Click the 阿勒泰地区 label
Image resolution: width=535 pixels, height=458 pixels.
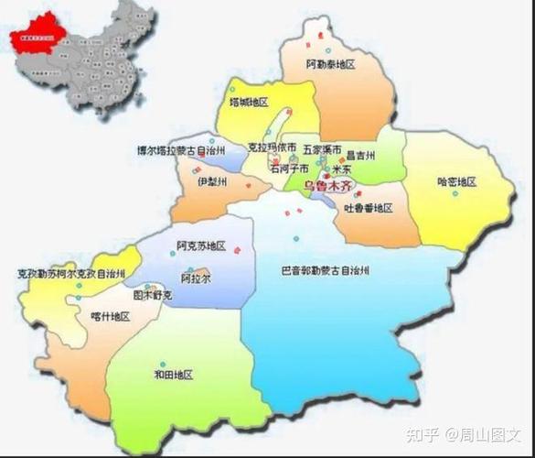tap(330, 65)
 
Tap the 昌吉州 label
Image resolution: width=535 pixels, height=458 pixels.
tap(360, 156)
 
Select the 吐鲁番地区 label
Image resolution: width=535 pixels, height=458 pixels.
tap(368, 209)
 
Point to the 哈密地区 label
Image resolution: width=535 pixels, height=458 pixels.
tap(456, 182)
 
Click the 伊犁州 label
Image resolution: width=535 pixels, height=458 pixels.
tap(211, 181)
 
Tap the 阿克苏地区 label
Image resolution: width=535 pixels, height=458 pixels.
tap(200, 246)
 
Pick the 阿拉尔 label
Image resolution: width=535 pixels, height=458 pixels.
tap(195, 278)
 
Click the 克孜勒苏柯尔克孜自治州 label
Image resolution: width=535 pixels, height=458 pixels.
tap(71, 273)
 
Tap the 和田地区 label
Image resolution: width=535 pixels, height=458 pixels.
tap(173, 375)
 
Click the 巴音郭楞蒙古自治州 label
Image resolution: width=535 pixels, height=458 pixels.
tap(325, 270)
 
